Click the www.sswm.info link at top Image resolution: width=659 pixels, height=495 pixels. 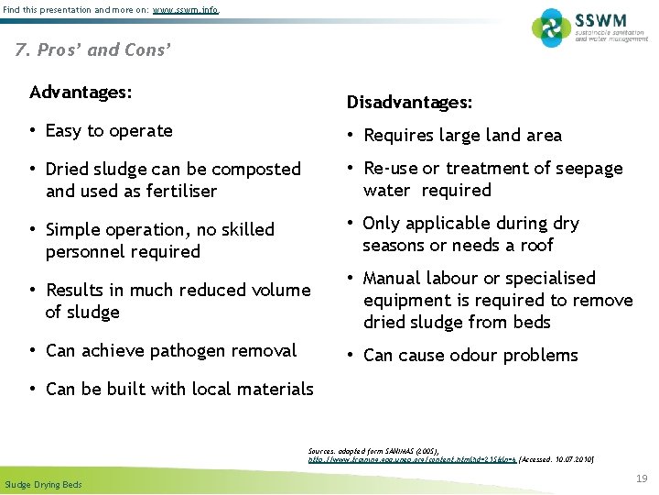pyautogui.click(x=186, y=10)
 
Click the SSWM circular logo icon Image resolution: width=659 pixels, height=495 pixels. pyautogui.click(x=551, y=27)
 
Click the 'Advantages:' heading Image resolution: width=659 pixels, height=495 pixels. pyautogui.click(x=81, y=93)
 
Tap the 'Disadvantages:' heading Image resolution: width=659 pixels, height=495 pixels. pyautogui.click(x=408, y=103)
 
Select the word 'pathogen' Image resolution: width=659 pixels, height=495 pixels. pyautogui.click(x=162, y=350)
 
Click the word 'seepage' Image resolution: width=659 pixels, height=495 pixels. pyautogui.click(x=590, y=169)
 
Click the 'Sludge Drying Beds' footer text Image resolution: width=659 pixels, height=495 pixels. pyautogui.click(x=43, y=484)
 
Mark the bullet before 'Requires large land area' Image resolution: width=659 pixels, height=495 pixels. pyautogui.click(x=351, y=136)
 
